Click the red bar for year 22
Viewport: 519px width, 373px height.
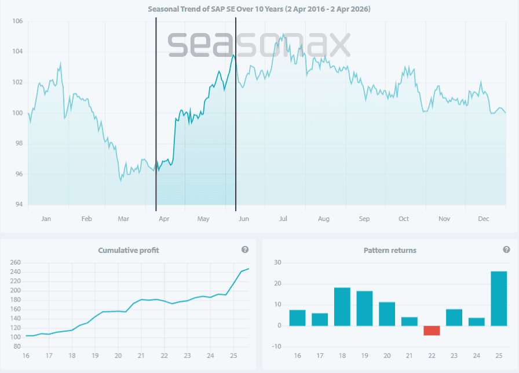coord(432,330)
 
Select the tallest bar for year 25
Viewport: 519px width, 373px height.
coord(498,299)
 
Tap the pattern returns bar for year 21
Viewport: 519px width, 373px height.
coord(409,321)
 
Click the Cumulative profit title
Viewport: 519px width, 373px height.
coord(128,250)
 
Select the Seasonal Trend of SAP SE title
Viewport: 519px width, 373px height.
coord(259,9)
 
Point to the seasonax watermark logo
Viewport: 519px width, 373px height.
coord(259,44)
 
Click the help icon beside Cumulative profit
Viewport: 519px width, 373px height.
coord(245,249)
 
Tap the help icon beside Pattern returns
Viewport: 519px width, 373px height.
coord(506,249)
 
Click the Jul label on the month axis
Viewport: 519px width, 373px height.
coord(283,219)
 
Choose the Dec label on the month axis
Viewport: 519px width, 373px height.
coord(484,219)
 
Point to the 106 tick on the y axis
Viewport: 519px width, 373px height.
coord(17,21)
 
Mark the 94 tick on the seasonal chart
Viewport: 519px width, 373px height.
coord(17,205)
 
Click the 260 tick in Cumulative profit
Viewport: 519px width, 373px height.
coord(16,263)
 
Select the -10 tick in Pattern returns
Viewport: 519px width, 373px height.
coord(277,347)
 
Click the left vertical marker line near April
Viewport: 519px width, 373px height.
coord(156,116)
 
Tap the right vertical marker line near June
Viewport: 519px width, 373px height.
coord(236,116)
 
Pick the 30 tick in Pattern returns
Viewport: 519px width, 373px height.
coord(278,263)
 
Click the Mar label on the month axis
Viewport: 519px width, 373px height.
coord(123,219)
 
